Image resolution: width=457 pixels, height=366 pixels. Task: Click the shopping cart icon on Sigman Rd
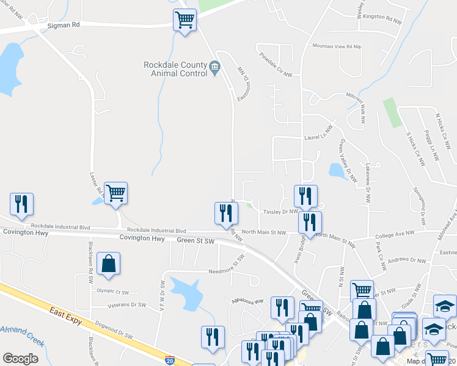[185, 20]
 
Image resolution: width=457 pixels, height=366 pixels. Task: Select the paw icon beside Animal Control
[214, 66]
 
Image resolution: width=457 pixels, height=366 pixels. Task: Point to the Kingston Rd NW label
[382, 20]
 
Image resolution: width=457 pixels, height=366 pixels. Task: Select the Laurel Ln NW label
[317, 138]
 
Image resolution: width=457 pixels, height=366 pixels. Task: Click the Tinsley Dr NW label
[280, 212]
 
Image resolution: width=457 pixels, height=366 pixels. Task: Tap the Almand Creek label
[22, 334]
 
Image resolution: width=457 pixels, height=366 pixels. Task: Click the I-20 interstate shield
[170, 360]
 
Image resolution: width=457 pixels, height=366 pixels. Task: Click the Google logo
[20, 359]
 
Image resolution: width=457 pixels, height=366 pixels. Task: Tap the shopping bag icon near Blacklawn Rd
[108, 264]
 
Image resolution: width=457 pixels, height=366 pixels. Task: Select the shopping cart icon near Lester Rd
[115, 193]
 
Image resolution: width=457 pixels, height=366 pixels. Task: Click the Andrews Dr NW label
[406, 260]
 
